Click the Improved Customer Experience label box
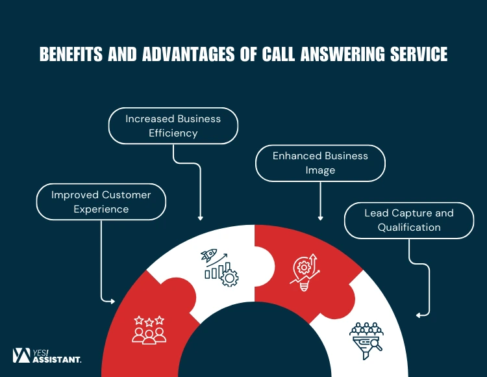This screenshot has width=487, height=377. [101, 201]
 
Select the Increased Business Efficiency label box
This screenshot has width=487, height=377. [173, 125]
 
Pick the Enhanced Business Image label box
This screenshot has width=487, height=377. [320, 162]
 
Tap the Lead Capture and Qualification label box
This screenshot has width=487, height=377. [408, 220]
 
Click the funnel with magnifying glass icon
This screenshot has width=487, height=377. [366, 337]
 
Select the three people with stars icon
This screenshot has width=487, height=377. [149, 330]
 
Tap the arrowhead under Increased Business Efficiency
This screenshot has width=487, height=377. [201, 218]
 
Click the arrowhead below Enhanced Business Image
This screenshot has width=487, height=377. [320, 218]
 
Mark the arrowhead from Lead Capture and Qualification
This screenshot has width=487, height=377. [419, 315]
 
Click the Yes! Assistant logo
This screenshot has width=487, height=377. [47, 355]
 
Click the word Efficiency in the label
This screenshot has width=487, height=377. [173, 133]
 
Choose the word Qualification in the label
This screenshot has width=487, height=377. [409, 227]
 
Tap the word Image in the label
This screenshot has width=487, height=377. [320, 170]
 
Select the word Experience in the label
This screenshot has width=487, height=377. [101, 209]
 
